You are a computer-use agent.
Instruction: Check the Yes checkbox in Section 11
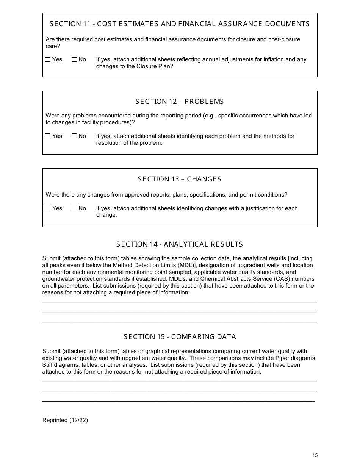48,59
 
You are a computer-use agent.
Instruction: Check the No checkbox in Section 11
74,59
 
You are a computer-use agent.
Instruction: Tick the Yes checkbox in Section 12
48,136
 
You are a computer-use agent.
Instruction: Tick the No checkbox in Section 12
74,136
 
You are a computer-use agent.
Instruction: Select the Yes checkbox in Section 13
48,208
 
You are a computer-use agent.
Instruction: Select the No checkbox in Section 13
74,208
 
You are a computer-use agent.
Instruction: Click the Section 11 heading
180,24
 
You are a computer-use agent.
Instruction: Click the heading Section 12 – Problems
180,102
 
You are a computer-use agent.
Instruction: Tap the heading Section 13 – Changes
180,179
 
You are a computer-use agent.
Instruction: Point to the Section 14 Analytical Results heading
180,244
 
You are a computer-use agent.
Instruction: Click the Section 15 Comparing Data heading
180,337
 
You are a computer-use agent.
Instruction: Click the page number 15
315,455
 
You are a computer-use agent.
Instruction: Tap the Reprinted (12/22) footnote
65,420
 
